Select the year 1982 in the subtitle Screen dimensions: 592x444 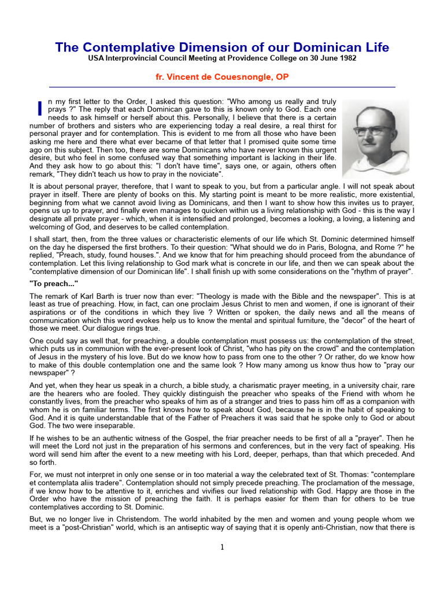[346, 58]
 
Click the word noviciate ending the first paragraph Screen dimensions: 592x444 [204, 174]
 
